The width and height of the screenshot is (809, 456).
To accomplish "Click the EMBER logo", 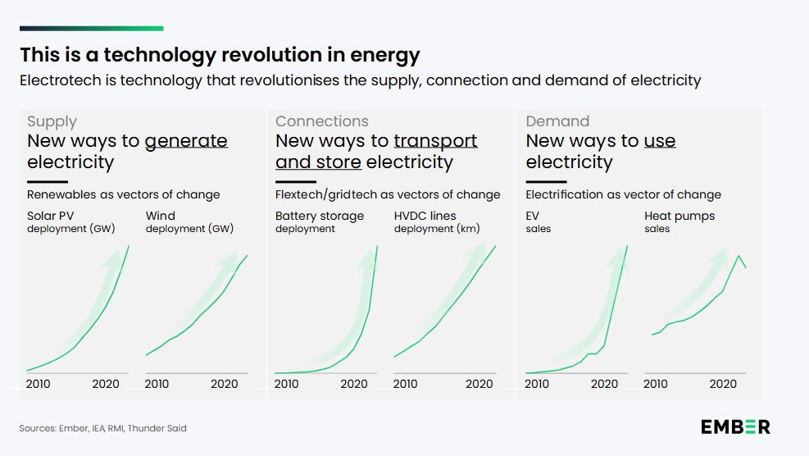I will [735, 426].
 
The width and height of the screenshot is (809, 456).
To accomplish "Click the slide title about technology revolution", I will [220, 55].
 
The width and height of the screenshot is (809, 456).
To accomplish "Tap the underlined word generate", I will [186, 141].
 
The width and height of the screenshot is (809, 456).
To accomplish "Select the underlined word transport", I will [435, 141].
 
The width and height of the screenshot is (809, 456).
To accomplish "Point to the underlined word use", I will [660, 141].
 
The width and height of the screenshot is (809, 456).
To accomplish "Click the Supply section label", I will [52, 121].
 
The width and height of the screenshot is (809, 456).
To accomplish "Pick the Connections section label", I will [322, 121].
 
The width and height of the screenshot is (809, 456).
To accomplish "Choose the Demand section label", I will [557, 121].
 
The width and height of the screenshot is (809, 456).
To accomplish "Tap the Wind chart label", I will [161, 217].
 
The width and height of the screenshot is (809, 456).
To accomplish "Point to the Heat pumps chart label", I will [679, 217].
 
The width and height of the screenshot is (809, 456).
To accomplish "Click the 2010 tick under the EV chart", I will [537, 384].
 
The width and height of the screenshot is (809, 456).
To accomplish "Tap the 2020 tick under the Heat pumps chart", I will [723, 384].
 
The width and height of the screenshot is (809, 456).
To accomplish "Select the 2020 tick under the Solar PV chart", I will [106, 384].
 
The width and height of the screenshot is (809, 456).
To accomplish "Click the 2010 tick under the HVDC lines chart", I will [405, 384].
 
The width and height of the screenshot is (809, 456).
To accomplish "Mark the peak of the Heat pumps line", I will [739, 256].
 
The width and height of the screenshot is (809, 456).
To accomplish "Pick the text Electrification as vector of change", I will [623, 195].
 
